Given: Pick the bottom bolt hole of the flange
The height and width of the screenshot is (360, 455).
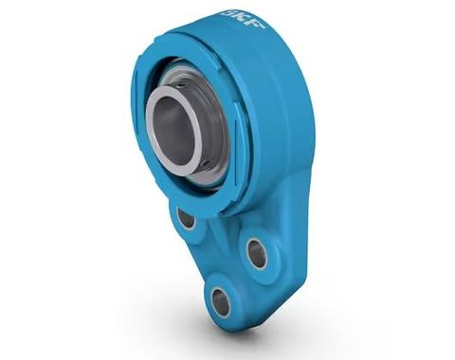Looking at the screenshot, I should [x=221, y=300].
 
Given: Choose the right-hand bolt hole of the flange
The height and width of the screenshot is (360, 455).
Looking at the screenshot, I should [x=257, y=251].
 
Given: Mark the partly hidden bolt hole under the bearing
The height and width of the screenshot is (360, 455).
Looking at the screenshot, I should [x=186, y=219].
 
